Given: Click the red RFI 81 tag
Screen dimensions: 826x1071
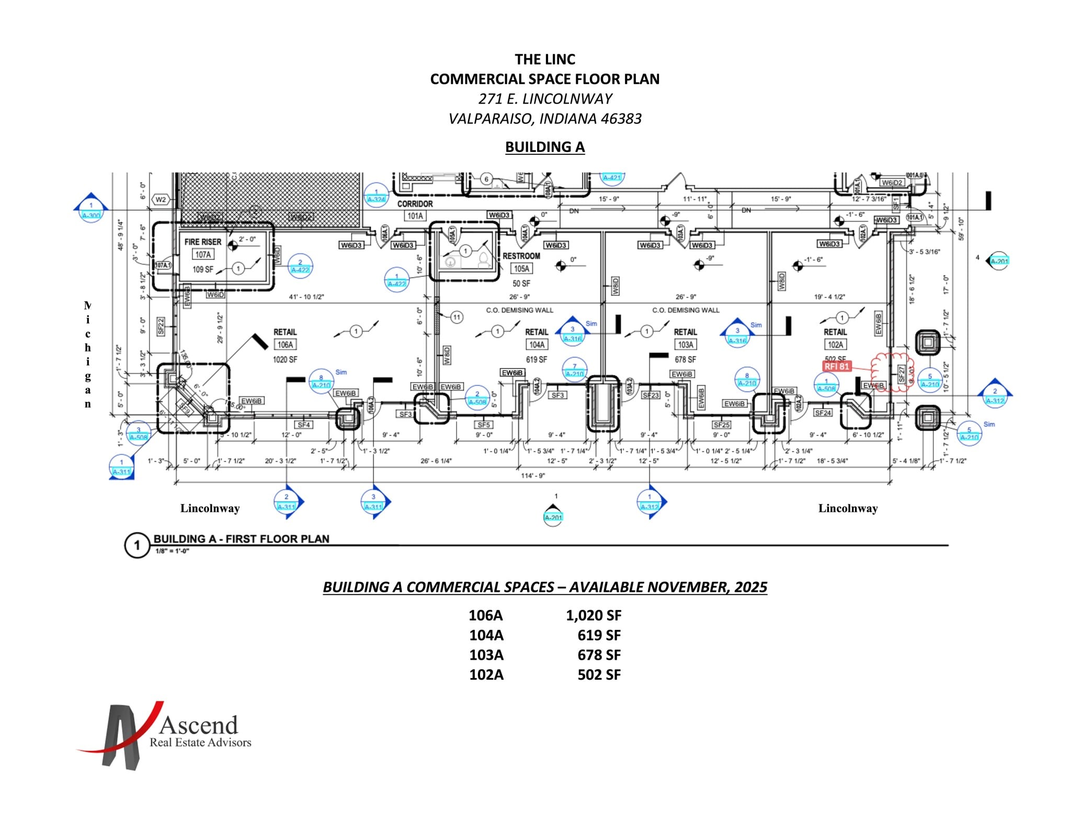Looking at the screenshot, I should click(837, 366).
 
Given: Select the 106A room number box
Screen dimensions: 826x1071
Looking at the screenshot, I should click(285, 345).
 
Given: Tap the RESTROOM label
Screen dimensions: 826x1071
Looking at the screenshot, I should click(521, 256).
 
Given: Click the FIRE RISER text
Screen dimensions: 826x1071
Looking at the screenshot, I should click(202, 242).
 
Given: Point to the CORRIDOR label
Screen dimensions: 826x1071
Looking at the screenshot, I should click(415, 204).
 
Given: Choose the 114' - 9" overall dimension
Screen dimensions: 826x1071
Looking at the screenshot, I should click(533, 476).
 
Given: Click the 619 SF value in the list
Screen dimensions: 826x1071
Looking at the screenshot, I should click(599, 635).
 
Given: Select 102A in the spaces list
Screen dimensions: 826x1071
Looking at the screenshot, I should click(486, 675).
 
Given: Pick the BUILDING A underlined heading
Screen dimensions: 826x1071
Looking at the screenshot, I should click(544, 147).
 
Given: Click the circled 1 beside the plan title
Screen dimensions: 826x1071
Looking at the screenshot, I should click(136, 546).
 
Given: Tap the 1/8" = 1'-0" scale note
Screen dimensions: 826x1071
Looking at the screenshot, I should click(172, 552).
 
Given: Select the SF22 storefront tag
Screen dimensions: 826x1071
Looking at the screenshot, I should click(161, 326).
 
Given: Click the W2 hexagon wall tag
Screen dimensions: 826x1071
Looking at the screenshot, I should click(161, 200).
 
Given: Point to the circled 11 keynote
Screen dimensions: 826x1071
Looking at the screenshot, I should click(457, 317).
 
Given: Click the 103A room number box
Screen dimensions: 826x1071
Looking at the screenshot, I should click(685, 345).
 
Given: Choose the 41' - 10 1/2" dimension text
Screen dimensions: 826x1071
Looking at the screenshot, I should click(306, 297).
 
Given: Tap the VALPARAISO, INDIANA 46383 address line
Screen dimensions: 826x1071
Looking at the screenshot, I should click(544, 119).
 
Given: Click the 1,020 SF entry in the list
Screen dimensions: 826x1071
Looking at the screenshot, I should click(593, 615).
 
